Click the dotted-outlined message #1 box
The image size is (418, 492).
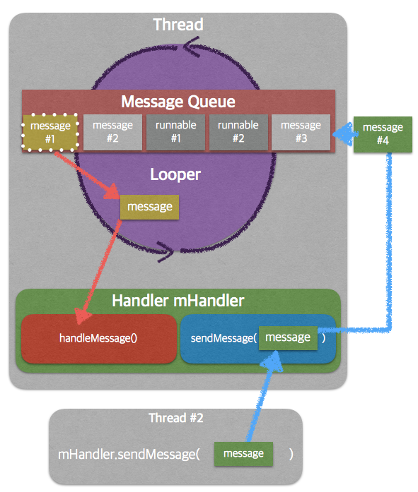click(50, 132)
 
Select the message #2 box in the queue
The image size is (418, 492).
click(113, 132)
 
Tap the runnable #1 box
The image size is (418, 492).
click(175, 132)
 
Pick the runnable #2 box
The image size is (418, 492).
click(238, 132)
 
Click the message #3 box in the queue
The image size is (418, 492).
click(301, 132)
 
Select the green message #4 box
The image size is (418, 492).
click(383, 134)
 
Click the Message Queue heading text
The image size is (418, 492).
click(178, 102)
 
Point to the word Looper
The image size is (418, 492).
click(175, 174)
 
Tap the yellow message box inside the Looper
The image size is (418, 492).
click(150, 207)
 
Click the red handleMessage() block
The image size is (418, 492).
click(99, 339)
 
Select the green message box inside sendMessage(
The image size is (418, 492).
click(288, 337)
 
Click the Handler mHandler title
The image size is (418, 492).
click(178, 300)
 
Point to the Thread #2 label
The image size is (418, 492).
click(176, 418)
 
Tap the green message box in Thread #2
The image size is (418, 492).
click(243, 454)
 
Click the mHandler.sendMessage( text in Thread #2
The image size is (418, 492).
click(129, 454)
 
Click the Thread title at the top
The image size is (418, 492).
click(178, 25)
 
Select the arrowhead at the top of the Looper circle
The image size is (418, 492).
click(191, 47)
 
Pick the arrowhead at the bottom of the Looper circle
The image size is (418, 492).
click(166, 251)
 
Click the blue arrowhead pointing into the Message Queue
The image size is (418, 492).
click(344, 133)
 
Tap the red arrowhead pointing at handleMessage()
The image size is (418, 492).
click(82, 316)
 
